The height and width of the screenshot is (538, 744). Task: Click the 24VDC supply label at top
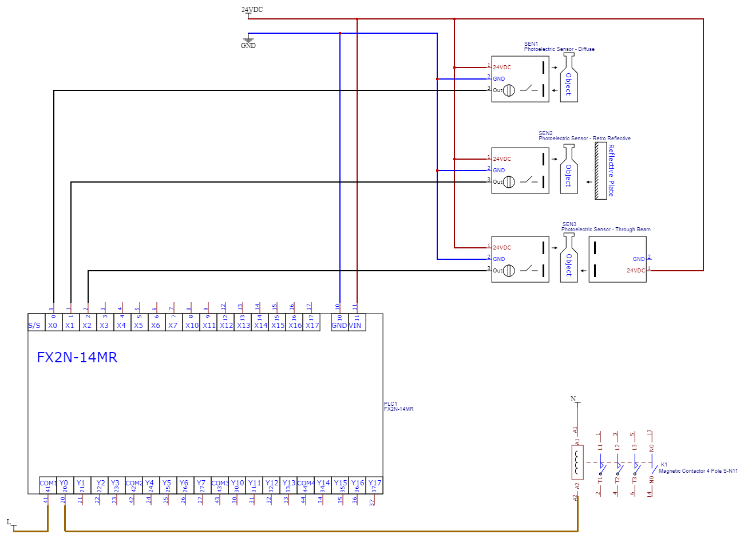252,10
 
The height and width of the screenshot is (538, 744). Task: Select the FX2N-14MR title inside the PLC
77,358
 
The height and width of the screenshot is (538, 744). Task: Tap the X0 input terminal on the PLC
53,325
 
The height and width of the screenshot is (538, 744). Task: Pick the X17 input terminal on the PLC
312,325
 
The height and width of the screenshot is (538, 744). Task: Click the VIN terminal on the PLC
355,325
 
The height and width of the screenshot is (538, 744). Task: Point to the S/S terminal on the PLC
34,325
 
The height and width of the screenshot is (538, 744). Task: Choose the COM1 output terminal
48,484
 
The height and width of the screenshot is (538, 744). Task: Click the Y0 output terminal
64,484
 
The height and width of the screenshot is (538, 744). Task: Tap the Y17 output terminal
374,484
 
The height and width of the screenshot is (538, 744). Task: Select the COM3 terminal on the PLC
219,484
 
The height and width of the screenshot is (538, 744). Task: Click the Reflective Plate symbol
600,171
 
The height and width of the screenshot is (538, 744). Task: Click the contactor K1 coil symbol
577,462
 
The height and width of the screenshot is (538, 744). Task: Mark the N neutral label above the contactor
573,399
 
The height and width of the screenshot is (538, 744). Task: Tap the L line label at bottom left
9,522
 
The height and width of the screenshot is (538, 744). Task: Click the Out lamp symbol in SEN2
509,182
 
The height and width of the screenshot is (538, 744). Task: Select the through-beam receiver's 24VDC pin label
635,271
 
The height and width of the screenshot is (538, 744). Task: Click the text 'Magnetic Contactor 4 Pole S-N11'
698,471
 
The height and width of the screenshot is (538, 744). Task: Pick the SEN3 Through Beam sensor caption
606,230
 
